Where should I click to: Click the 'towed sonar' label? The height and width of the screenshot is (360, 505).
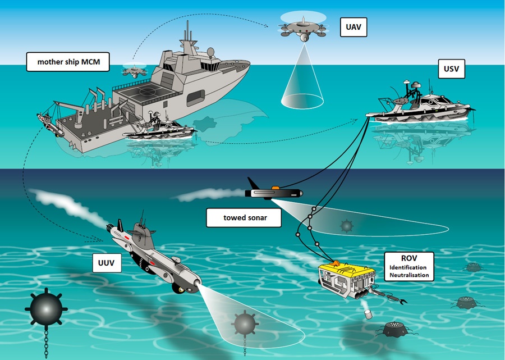click(x=244, y=218)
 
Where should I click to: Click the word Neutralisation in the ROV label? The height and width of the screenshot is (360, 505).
click(x=409, y=275)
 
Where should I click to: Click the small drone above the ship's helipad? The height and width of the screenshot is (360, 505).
click(x=134, y=71)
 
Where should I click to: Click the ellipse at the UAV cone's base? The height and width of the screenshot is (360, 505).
click(x=302, y=101)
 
